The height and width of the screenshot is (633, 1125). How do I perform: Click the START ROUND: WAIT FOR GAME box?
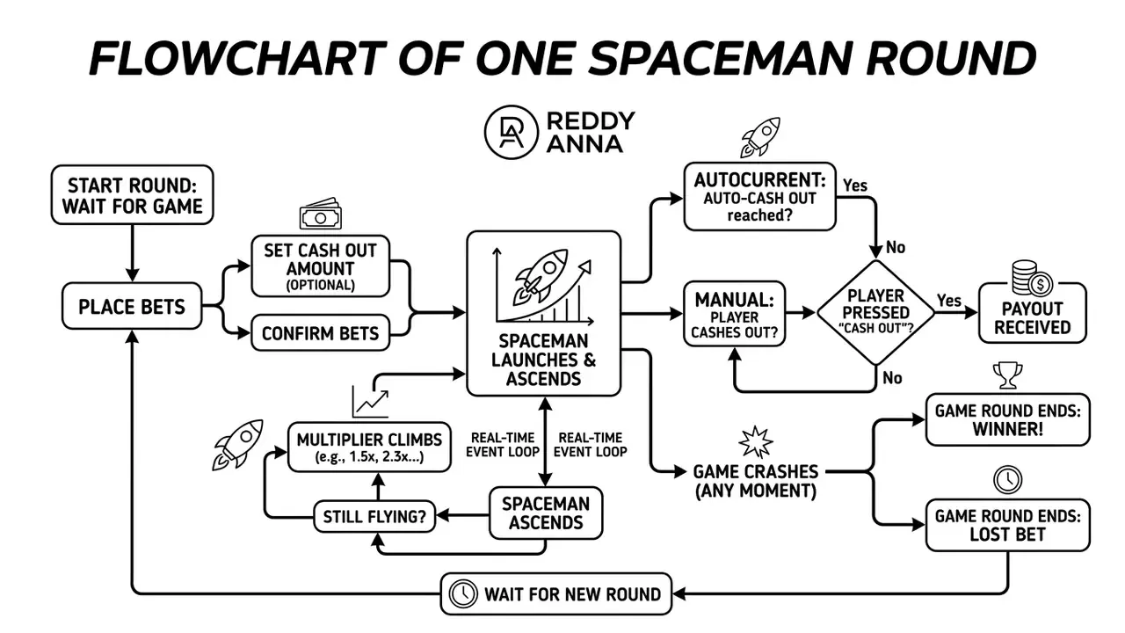[132, 195]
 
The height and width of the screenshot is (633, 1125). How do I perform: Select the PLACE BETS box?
[132, 306]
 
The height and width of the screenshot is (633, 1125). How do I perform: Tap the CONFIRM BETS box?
[321, 332]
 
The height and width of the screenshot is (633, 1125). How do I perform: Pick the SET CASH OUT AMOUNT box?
[321, 266]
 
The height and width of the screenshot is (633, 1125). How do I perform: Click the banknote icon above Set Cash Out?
[321, 215]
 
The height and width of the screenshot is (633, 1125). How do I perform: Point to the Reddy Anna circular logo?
[512, 132]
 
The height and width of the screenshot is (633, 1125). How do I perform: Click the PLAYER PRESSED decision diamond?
[876, 312]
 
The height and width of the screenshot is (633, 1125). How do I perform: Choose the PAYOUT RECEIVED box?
[1032, 313]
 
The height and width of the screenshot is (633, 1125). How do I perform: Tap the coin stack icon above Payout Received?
[1032, 278]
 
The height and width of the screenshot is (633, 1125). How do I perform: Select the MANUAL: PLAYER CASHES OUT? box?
[734, 314]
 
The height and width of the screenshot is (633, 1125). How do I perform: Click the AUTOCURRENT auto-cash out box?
[760, 196]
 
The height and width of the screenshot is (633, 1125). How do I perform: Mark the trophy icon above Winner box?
[1007, 375]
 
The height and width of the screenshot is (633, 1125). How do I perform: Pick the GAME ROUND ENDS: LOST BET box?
[1007, 525]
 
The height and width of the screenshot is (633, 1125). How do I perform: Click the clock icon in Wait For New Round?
[462, 593]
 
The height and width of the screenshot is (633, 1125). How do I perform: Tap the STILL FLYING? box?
[374, 516]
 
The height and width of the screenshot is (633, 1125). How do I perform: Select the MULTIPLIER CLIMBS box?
[369, 447]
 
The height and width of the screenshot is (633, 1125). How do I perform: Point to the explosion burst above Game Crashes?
[756, 442]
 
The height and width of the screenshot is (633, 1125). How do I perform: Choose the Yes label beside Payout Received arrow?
[949, 301]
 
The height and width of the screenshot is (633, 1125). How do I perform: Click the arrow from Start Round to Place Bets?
[132, 253]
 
